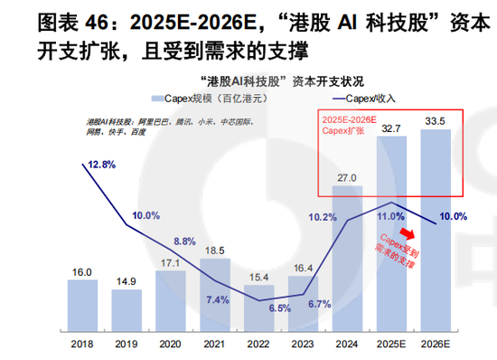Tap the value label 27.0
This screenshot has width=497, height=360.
346,176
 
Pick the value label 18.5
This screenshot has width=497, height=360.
214,249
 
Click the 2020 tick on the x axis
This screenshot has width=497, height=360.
169,342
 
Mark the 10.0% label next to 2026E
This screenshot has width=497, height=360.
453,216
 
